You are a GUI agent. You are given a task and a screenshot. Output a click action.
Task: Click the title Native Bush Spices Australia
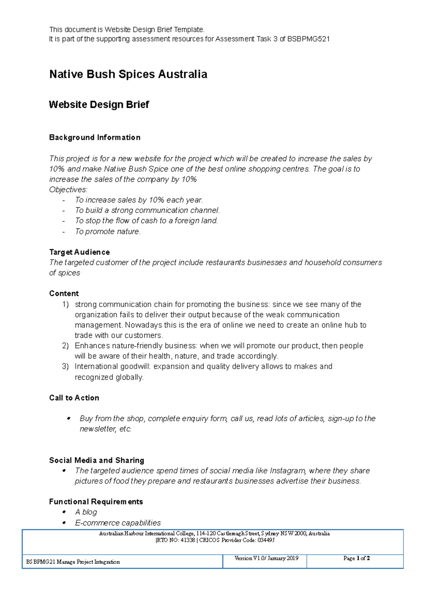point(128,74)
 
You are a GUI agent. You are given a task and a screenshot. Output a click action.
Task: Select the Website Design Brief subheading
point(99,105)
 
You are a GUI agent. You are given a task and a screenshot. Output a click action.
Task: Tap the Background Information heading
point(95,138)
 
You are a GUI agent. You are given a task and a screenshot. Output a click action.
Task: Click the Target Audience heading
point(79,252)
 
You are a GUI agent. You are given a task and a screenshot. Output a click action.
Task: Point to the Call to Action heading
point(74,398)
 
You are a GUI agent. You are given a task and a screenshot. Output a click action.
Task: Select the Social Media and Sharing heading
point(96,460)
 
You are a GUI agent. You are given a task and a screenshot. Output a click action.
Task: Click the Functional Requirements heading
point(96,502)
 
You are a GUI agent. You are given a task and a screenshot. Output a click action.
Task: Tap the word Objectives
point(68,190)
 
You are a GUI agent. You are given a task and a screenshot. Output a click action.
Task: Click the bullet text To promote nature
point(108,232)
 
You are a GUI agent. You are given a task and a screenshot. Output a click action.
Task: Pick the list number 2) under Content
point(65,346)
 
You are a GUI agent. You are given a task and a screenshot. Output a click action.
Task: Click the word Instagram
point(288,471)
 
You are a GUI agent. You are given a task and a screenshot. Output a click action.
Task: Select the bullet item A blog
point(86,512)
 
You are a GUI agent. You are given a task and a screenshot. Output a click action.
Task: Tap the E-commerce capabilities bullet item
point(118,523)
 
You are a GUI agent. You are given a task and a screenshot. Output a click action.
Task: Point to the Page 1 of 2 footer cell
point(356,558)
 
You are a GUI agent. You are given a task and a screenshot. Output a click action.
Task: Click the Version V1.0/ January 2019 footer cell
point(266,558)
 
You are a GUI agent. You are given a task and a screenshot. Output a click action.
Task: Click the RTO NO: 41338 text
point(175,540)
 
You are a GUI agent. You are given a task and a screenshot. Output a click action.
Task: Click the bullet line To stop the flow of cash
point(146,221)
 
